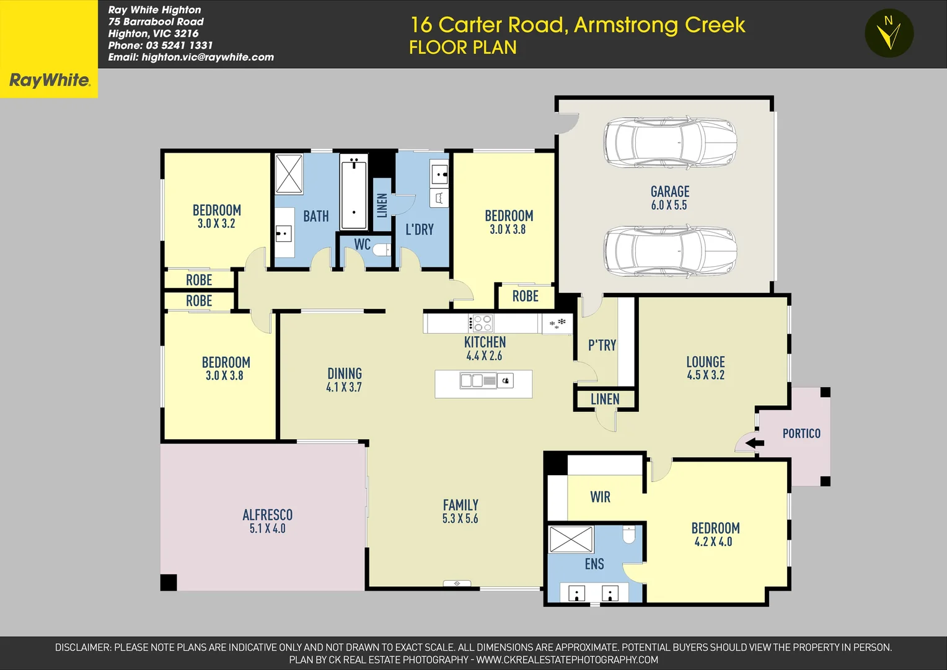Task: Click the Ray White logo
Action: (49, 79)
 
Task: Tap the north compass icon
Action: (889, 33)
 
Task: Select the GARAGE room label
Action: (669, 192)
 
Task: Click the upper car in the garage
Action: (670, 142)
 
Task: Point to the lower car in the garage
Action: (670, 251)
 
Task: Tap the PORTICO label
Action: (801, 434)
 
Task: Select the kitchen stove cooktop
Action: (481, 323)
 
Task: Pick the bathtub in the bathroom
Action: (354, 192)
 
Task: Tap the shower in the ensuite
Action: (571, 539)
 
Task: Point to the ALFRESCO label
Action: (267, 515)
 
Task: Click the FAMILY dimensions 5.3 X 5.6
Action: (460, 519)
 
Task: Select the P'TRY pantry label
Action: (602, 346)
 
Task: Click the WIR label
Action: (600, 497)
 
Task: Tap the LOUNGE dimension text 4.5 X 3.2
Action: (705, 375)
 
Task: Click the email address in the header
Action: (191, 57)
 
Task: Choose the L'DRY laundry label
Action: (420, 230)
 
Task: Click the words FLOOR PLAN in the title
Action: (462, 48)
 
